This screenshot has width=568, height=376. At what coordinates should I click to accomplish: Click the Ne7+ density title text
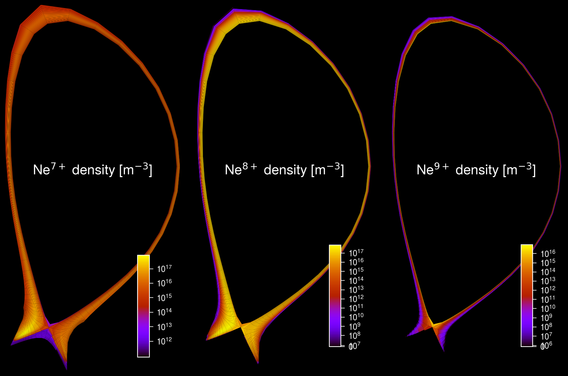click(x=92, y=170)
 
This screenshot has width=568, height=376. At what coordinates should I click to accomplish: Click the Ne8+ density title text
click(x=284, y=170)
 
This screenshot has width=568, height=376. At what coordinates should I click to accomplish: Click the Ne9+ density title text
click(x=476, y=170)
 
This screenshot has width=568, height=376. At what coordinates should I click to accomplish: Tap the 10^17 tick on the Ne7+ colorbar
click(x=152, y=269)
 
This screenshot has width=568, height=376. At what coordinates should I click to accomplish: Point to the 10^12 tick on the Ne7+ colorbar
click(x=152, y=341)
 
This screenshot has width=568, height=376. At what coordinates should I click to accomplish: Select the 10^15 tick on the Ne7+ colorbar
click(x=152, y=298)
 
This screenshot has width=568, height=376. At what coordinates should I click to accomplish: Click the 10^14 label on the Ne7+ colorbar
click(x=164, y=312)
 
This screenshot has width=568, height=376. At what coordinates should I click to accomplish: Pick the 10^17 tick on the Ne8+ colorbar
click(x=343, y=253)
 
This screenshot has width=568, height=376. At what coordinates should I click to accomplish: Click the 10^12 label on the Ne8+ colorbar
click(x=356, y=298)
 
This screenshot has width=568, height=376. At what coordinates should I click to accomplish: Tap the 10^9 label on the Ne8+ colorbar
click(x=355, y=326)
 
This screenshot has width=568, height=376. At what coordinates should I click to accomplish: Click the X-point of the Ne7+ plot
click(x=49, y=328)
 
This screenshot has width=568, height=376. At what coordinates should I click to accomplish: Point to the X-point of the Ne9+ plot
click(x=433, y=326)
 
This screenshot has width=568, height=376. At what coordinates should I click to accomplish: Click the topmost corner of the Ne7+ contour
click(x=41, y=5)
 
